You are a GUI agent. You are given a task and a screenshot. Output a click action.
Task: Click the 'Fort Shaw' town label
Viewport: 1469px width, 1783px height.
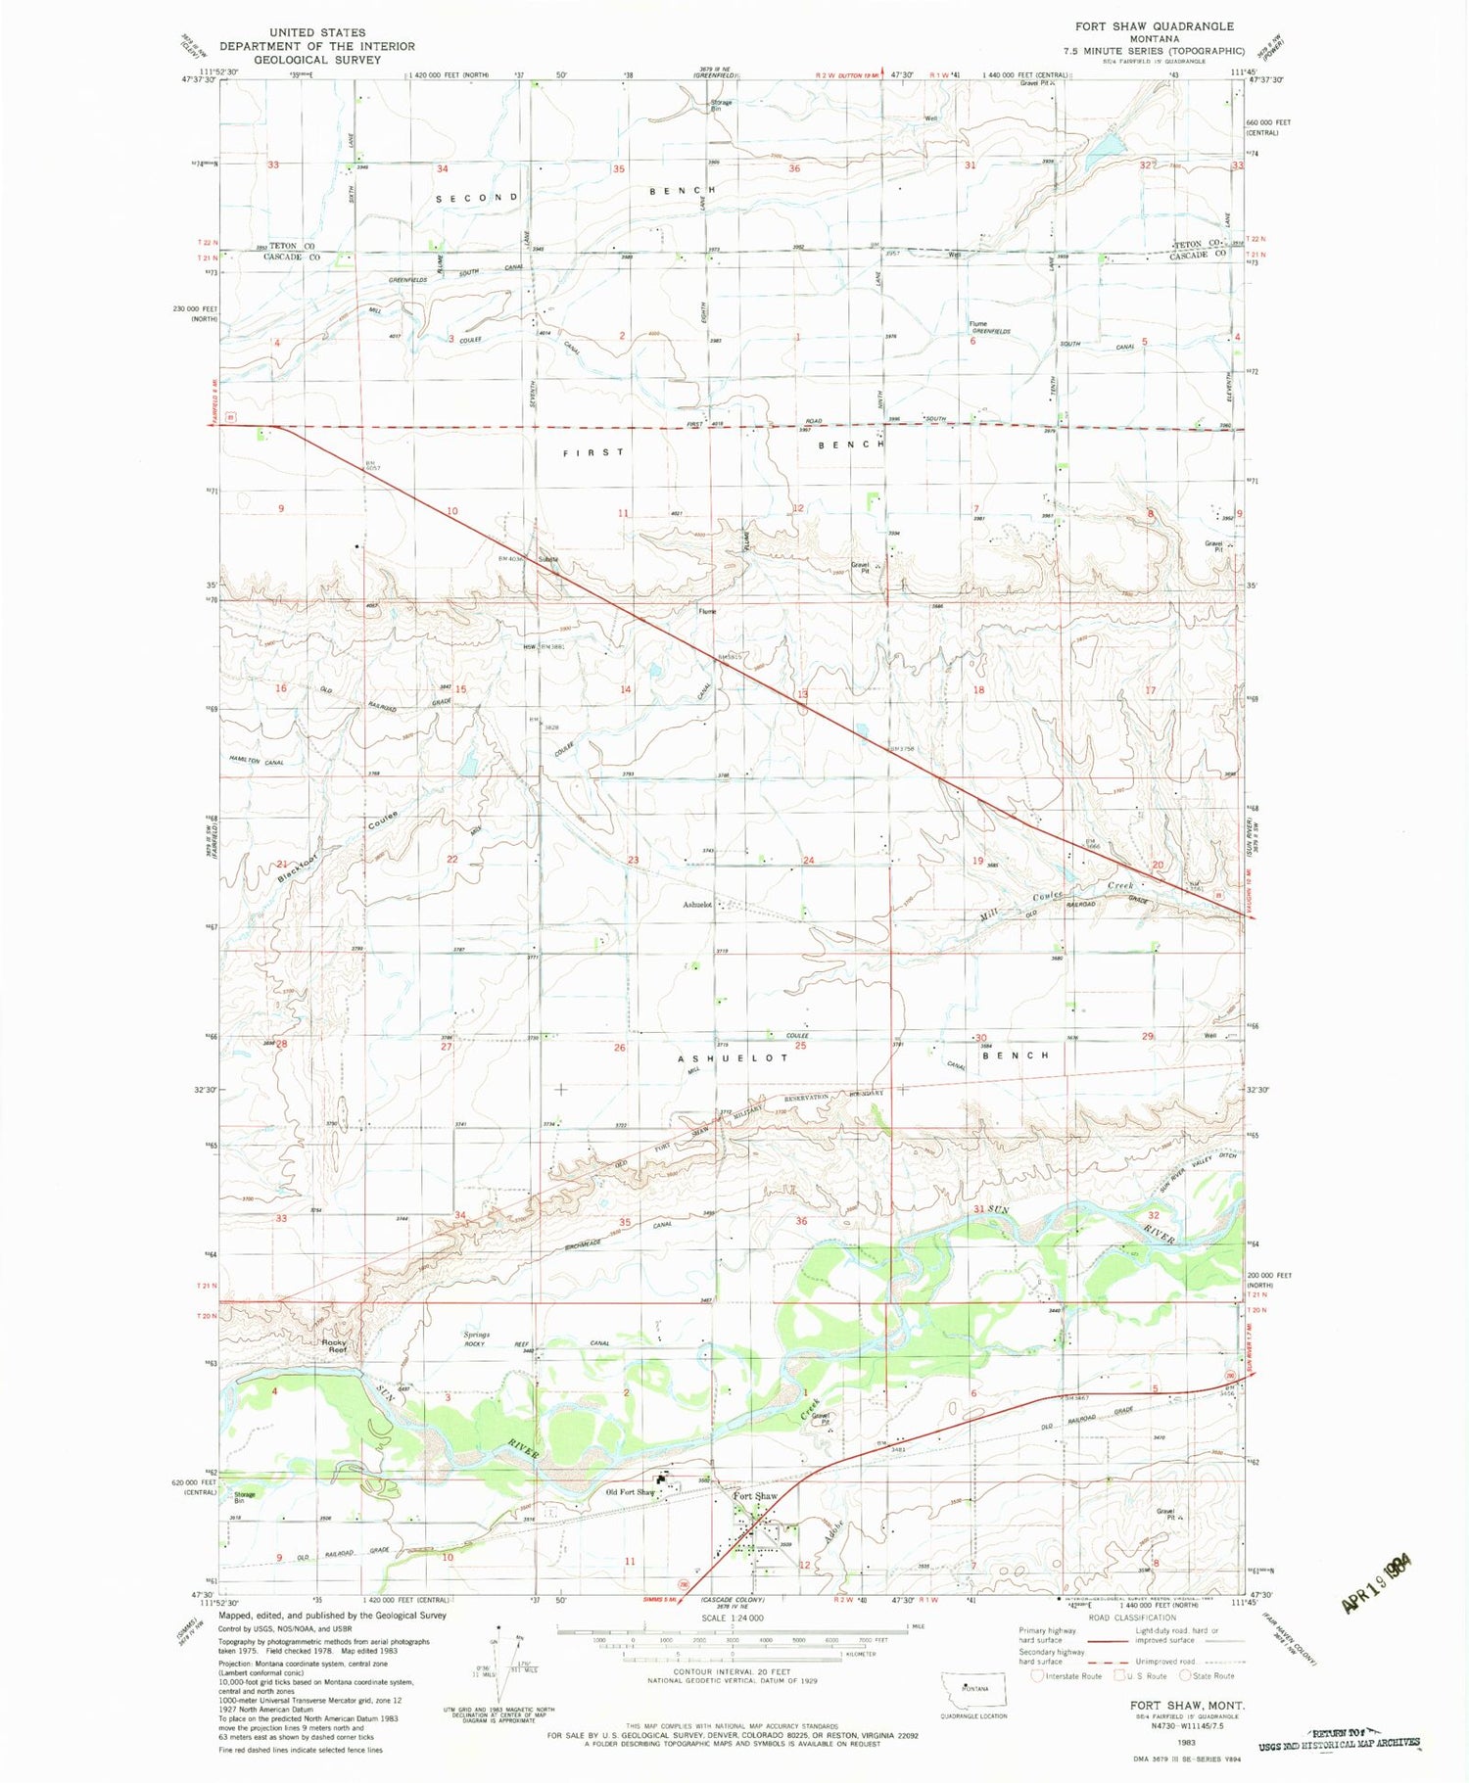click(755, 1497)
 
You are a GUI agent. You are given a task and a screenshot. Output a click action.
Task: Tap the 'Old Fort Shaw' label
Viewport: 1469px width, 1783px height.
click(630, 1493)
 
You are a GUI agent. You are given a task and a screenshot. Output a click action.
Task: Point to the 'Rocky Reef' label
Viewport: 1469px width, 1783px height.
click(335, 1345)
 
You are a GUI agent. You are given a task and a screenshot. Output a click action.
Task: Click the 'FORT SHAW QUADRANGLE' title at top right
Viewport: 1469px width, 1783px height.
click(1154, 26)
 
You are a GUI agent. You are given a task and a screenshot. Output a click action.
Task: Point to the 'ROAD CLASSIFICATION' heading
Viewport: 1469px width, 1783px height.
click(1131, 1619)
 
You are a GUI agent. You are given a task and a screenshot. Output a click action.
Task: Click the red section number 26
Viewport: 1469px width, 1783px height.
click(619, 1048)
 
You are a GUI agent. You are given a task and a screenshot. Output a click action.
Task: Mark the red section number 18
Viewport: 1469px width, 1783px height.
click(978, 690)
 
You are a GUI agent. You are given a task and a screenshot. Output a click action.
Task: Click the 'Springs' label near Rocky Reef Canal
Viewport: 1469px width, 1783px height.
click(476, 1335)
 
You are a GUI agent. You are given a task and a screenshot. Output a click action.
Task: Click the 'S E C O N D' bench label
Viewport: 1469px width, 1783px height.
click(477, 198)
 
